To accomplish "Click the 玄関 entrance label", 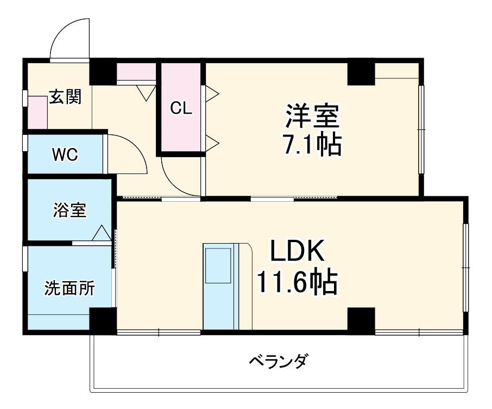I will tap(65, 97).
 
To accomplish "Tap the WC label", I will tap(65, 154).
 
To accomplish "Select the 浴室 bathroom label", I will tap(69, 210).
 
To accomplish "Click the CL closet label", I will tap(181, 108).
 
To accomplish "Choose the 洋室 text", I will tap(312, 116).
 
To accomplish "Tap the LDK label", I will tap(298, 252).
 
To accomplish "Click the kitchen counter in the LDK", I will tap(220, 286).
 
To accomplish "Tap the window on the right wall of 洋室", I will tap(421, 129).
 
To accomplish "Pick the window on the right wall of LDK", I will tap(465, 268).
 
